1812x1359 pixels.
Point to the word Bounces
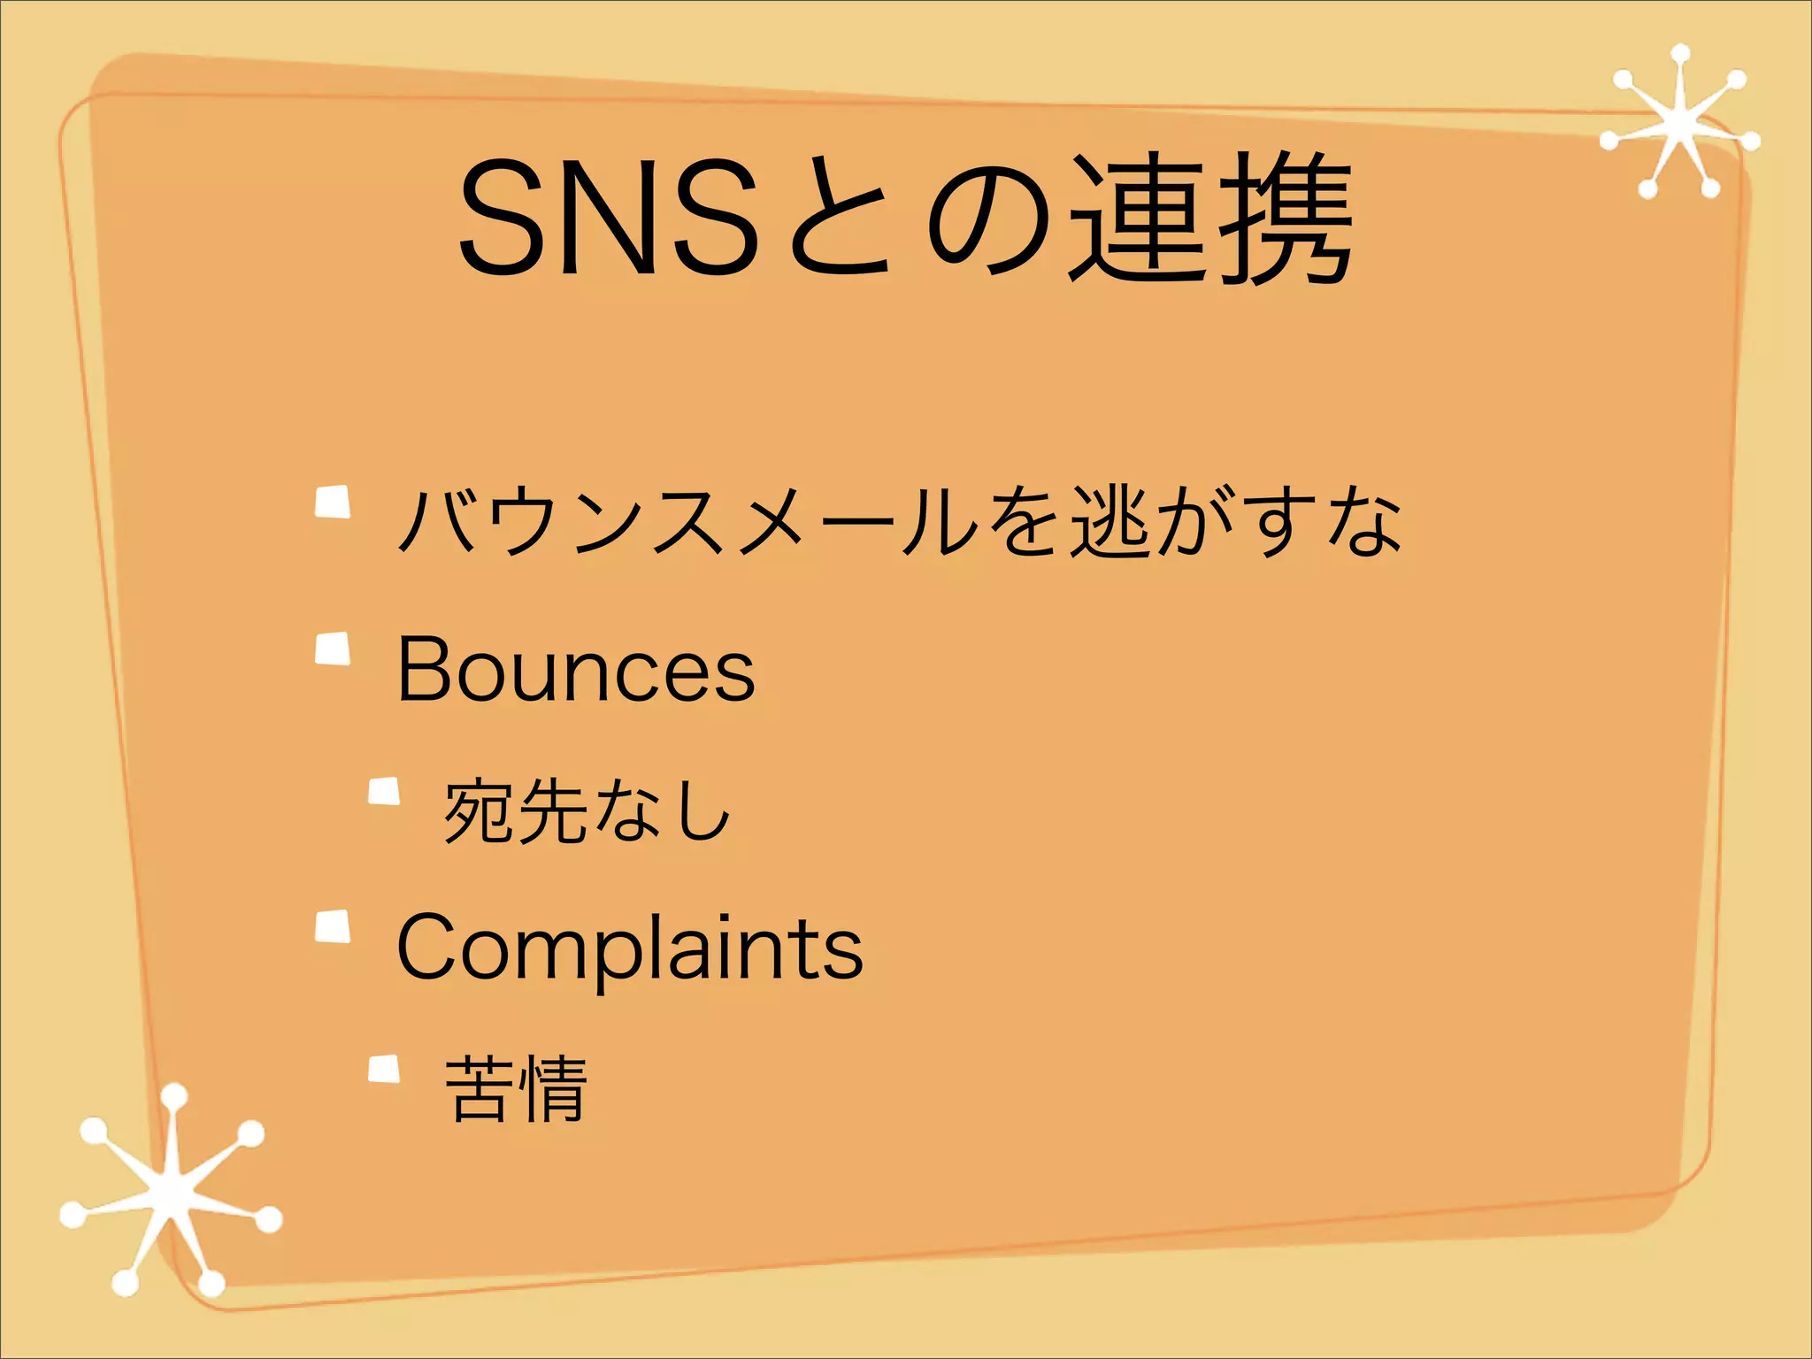coord(576,670)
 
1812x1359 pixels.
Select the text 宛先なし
coord(587,810)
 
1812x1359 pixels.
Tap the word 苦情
coord(516,1088)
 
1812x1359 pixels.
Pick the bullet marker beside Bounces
coord(333,649)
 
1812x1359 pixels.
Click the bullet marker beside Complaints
coord(333,926)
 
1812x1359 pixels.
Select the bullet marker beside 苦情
coord(384,1069)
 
